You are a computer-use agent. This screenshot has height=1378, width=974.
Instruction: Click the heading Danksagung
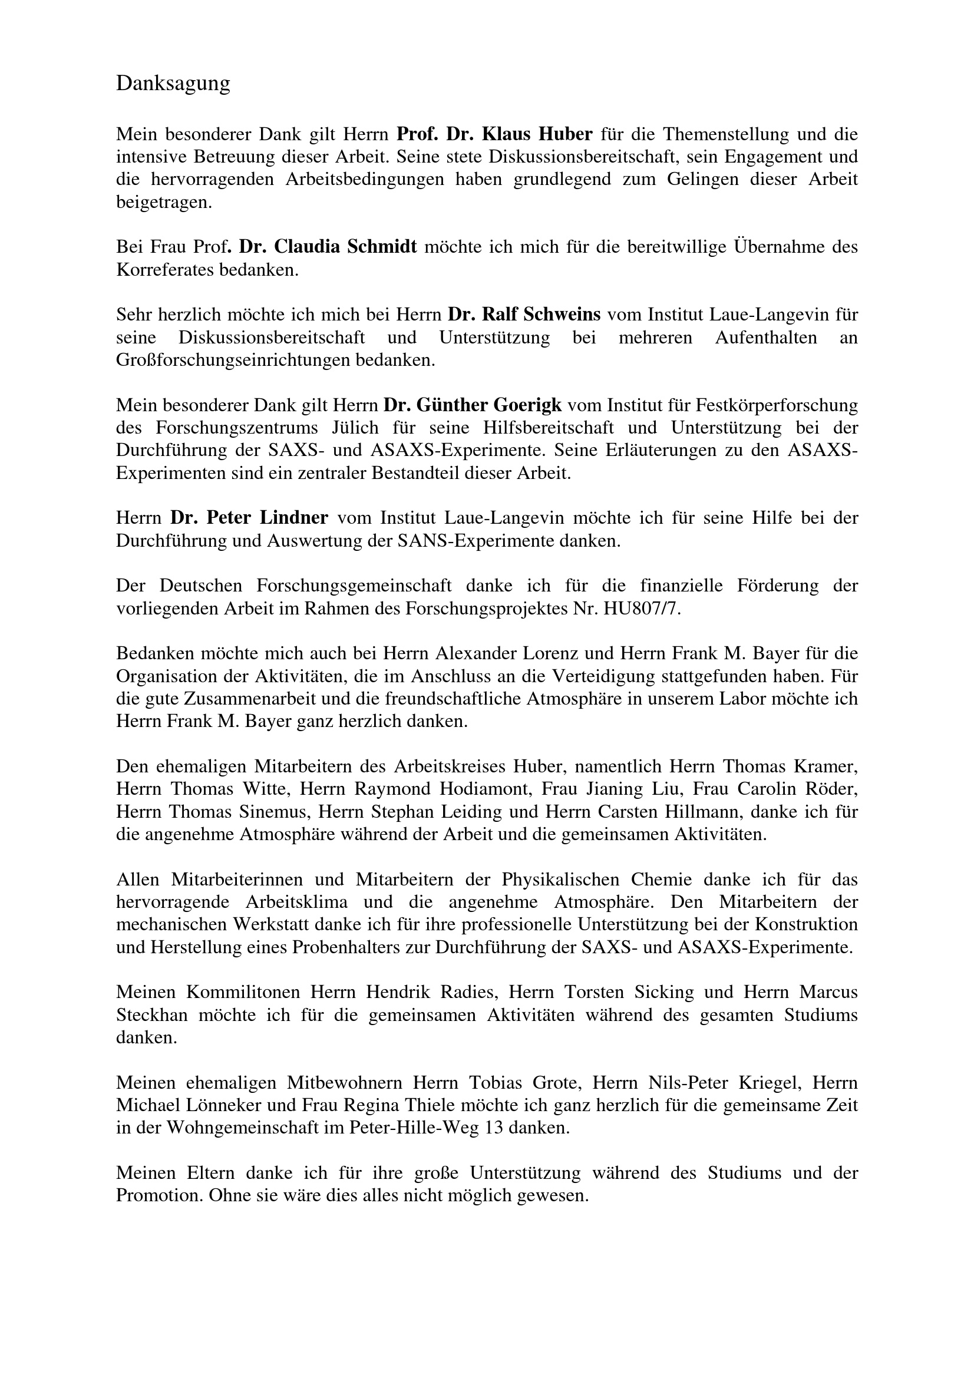tap(173, 84)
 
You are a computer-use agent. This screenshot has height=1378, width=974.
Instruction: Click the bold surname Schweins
tap(562, 315)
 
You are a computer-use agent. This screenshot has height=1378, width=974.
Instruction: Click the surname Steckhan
tap(152, 1015)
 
